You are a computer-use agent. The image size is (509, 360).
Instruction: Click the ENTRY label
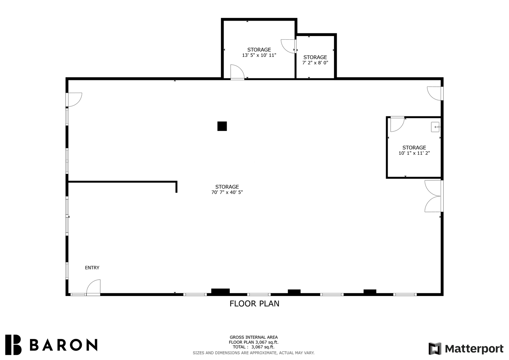pos(92,268)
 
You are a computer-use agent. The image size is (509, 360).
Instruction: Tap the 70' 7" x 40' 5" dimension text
pos(227,192)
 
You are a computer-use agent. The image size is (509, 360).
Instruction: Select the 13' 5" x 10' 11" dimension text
pos(259,55)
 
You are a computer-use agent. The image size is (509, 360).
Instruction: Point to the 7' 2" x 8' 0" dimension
pos(315,63)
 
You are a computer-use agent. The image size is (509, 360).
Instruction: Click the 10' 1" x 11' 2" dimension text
pos(414,153)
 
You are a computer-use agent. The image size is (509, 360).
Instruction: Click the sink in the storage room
pos(435,127)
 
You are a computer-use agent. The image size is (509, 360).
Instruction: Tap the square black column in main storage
pos(222,126)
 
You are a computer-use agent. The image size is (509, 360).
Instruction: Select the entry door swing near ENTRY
pos(93,287)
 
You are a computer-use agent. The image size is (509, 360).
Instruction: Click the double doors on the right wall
pos(434,196)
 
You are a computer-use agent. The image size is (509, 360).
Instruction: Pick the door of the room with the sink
pos(397,124)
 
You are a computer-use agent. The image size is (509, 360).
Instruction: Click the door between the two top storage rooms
pos(289,46)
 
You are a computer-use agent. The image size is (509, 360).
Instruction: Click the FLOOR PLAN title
pos(254,304)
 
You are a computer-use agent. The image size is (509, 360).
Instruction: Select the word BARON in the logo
pos(64,345)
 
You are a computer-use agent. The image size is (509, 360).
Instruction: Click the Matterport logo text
pos(474,349)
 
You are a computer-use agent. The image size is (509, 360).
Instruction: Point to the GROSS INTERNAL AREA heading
pos(254,337)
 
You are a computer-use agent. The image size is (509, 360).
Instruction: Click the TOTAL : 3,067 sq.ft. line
pos(254,347)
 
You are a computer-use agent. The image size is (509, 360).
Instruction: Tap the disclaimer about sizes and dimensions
pos(254,353)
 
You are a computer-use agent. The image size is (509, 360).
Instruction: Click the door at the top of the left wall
pos(74,100)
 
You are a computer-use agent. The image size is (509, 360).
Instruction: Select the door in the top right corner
pos(435,93)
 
